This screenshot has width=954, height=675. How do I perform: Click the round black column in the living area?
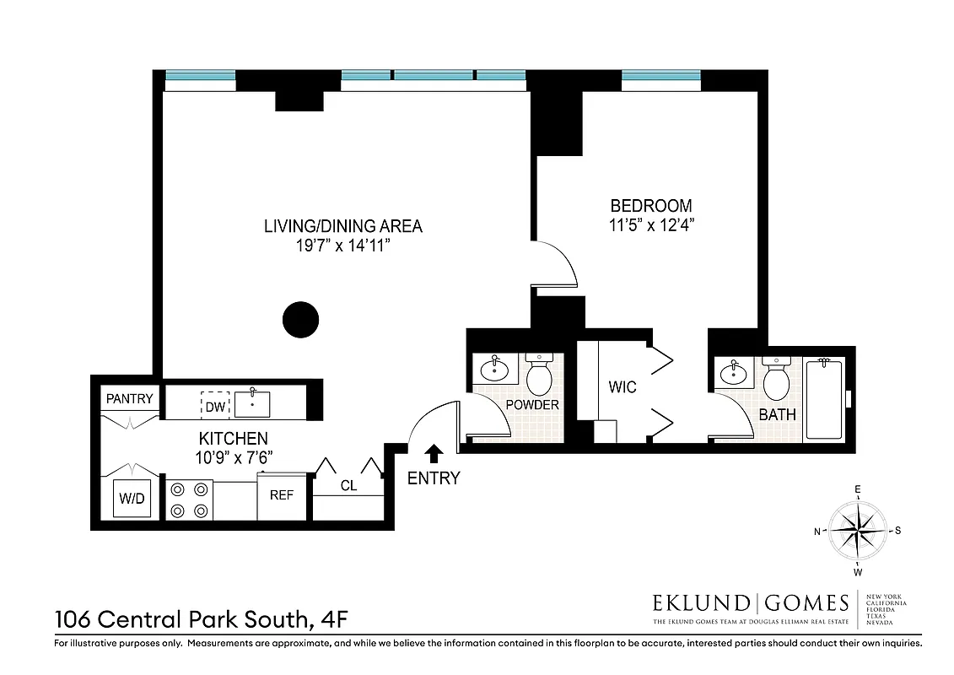pyautogui.click(x=299, y=320)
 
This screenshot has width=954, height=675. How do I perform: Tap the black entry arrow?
pyautogui.click(x=434, y=454)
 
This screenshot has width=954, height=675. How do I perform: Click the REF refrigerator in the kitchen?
pyautogui.click(x=282, y=495)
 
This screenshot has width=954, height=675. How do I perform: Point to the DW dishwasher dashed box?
pyautogui.click(x=215, y=406)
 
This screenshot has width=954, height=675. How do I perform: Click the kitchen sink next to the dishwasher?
pyautogui.click(x=253, y=404)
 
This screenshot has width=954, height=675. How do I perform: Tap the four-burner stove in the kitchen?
pyautogui.click(x=190, y=499)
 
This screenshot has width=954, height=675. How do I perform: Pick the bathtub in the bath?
pyautogui.click(x=824, y=398)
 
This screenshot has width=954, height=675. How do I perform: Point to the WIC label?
pyautogui.click(x=623, y=387)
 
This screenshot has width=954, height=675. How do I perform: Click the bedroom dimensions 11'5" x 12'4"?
pyautogui.click(x=651, y=225)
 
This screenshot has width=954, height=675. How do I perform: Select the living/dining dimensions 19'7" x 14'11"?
pyautogui.click(x=342, y=246)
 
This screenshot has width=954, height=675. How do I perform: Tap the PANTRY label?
pyautogui.click(x=129, y=398)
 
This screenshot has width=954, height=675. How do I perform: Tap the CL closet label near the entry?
pyautogui.click(x=348, y=486)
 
